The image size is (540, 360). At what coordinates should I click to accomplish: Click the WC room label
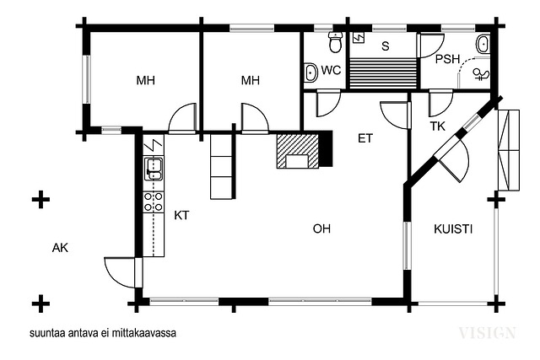coord(331,70)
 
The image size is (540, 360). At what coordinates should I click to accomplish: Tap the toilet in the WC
coord(335,42)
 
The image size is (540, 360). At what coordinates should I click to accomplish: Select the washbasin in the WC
coord(311,73)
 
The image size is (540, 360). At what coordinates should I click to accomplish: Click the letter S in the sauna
coord(386,46)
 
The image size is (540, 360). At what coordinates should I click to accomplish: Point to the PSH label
coord(447,59)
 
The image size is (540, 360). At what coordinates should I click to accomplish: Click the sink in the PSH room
coord(483,44)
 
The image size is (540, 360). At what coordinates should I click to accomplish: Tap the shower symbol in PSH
coord(481,74)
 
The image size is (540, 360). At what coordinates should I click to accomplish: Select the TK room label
coord(437,126)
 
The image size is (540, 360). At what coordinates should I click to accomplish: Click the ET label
coord(365,138)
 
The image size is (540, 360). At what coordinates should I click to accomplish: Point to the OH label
coord(321,228)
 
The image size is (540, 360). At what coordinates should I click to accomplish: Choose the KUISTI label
coord(453,228)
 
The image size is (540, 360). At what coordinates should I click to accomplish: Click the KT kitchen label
coord(181,215)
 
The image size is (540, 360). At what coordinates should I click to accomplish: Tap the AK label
coord(60,248)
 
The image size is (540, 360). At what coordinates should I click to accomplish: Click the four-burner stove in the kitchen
coord(154,201)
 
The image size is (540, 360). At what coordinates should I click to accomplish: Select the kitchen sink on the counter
coord(154,169)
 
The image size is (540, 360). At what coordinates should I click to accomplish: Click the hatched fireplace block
coord(298,151)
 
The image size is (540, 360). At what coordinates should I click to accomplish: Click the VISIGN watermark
coord(488,333)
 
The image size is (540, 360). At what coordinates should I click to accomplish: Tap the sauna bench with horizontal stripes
coord(383,73)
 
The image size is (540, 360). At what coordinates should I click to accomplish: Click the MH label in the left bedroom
coord(146,81)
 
